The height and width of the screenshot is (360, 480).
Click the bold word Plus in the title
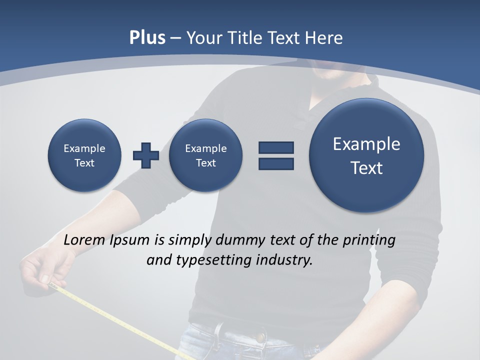click(147, 38)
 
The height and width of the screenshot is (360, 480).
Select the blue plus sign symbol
click(146, 155)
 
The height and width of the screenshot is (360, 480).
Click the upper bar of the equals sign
click(276, 147)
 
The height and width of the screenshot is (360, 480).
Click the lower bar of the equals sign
click(276, 163)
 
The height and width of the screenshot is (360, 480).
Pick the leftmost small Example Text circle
click(84, 155)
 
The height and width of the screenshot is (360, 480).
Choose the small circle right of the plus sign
click(205, 155)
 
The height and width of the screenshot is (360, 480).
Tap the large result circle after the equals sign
click(366, 155)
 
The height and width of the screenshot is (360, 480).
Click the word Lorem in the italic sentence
click(85, 240)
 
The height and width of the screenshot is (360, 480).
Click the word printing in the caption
click(369, 240)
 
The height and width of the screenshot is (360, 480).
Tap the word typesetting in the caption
click(212, 260)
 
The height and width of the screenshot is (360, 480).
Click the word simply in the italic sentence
click(190, 240)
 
